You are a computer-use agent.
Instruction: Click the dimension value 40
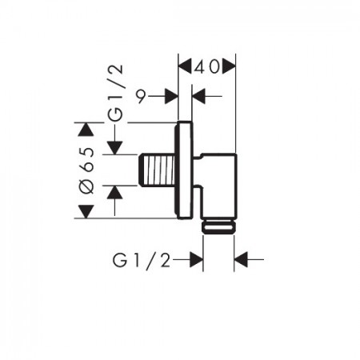pos(206,67)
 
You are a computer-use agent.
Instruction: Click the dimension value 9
pos(142,96)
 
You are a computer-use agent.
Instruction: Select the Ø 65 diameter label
pos(87,170)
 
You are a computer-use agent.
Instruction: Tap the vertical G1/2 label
pos(115,93)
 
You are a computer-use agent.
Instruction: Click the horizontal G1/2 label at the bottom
pos(142,260)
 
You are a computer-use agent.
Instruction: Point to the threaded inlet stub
pos(158,170)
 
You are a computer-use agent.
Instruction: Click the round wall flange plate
pos(183,170)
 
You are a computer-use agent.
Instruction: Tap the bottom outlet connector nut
pos(218,226)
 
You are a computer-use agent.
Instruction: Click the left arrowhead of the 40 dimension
pos(185,66)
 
